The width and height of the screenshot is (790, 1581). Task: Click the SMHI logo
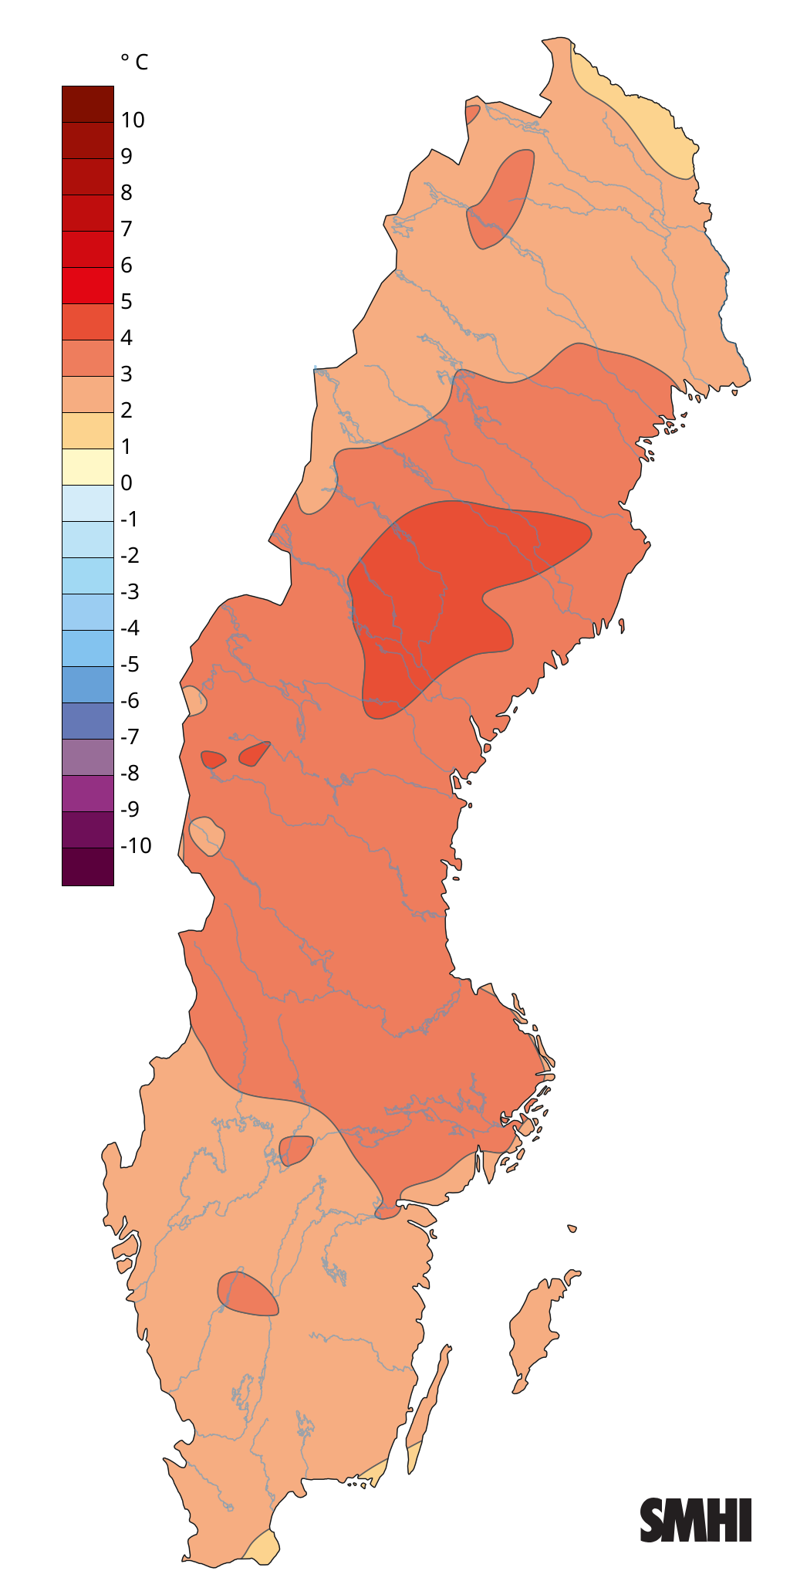pos(695,1520)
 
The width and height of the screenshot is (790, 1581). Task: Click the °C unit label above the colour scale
pos(134,62)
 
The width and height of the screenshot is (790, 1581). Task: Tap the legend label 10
pos(133,120)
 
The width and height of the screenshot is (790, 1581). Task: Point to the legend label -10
pos(136,845)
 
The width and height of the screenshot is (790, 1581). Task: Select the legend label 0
pos(127,482)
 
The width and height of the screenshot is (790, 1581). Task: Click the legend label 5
pos(127,301)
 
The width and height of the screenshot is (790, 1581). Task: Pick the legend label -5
pos(130,664)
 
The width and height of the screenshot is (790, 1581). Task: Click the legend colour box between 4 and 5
pos(88,322)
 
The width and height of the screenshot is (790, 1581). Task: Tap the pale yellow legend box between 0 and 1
pos(88,467)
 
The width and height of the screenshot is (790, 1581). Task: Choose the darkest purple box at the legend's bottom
pos(88,866)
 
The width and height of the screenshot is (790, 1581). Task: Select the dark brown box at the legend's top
pos(88,104)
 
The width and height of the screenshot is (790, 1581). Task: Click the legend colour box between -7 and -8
pos(88,757)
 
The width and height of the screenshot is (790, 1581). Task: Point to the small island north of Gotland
pos(572,1228)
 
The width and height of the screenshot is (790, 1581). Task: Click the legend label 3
pos(127,374)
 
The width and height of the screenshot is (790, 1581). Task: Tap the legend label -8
pos(130,773)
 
